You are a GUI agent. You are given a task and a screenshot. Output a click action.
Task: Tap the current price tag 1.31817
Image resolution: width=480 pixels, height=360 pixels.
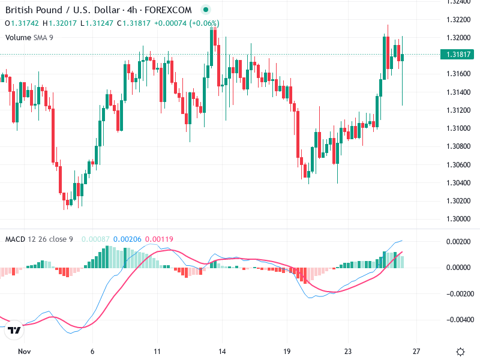[x=459, y=55]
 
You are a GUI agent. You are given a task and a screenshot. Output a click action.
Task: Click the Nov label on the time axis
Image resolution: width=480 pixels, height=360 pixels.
[x=24, y=352]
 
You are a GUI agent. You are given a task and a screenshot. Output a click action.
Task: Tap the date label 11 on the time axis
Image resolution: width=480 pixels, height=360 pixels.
[x=157, y=352]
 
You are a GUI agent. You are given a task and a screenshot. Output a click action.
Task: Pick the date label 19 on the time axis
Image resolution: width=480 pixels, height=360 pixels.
[x=287, y=352]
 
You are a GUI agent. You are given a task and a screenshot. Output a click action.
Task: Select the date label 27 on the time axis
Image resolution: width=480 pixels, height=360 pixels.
[x=417, y=352]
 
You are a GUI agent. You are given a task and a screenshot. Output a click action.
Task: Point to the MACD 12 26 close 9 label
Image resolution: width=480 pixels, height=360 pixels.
[x=39, y=239]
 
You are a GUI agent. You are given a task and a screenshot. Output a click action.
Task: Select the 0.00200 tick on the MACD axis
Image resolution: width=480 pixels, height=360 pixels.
[x=459, y=241]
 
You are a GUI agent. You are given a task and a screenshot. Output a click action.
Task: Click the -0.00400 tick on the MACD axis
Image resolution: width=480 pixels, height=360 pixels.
[x=458, y=320]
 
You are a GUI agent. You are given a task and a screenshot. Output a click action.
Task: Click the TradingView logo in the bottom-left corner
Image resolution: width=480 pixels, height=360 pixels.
[x=14, y=330]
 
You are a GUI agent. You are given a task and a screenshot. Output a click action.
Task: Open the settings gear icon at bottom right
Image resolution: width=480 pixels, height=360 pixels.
[x=460, y=352]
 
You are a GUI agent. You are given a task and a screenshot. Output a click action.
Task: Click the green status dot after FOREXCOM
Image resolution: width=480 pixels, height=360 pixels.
[x=206, y=10]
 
